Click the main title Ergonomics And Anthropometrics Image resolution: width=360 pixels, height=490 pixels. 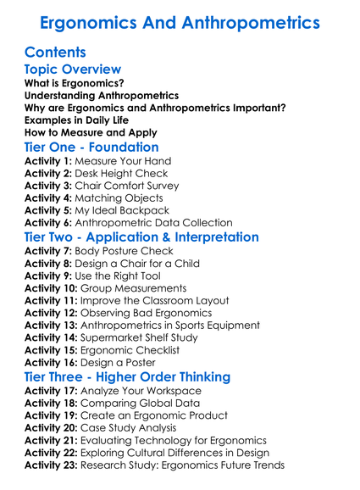[x=180, y=22]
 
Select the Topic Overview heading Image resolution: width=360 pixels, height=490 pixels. [x=73, y=70]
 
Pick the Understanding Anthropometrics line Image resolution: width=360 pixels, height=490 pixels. [x=102, y=96]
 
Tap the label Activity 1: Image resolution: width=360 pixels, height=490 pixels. [x=49, y=161]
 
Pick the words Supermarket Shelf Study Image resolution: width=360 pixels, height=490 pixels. [x=148, y=337]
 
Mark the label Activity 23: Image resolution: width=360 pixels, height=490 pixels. [x=53, y=465]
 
